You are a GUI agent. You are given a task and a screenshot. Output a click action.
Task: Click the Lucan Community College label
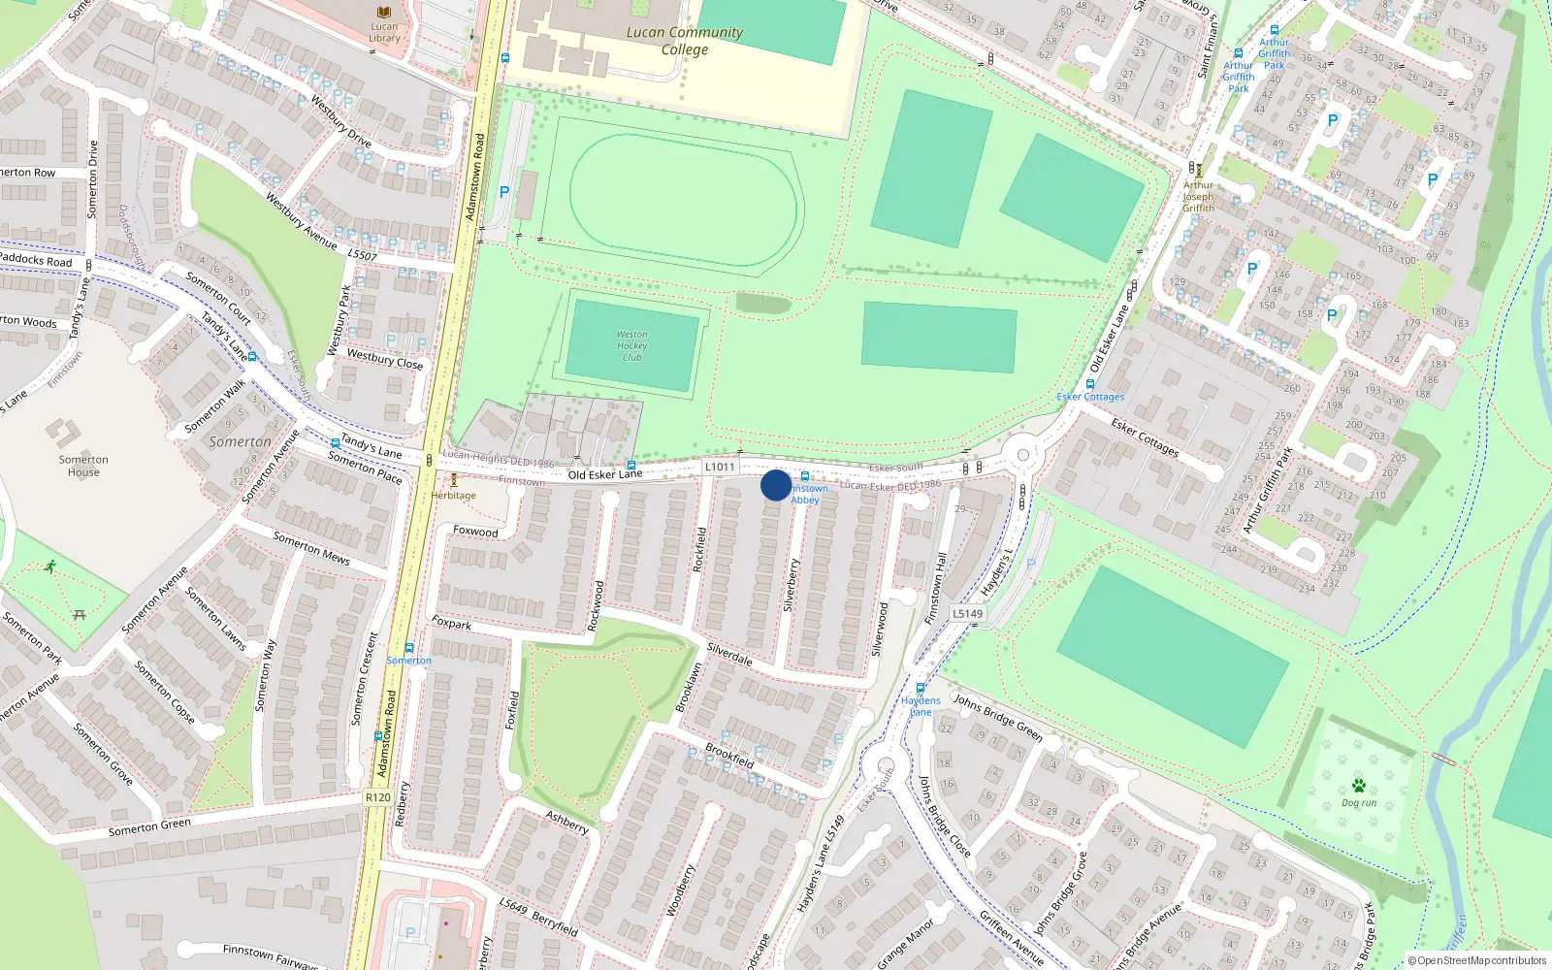pyautogui.click(x=685, y=40)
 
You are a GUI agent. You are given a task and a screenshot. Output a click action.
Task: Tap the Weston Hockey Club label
pyautogui.click(x=631, y=345)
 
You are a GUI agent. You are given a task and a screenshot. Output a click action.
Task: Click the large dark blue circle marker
pyautogui.click(x=776, y=485)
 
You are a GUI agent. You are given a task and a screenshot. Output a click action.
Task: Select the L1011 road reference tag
pyautogui.click(x=720, y=467)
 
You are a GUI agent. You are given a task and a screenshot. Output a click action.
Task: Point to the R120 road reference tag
pyautogui.click(x=378, y=797)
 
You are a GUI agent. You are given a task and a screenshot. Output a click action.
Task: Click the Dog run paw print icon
pyautogui.click(x=1358, y=786)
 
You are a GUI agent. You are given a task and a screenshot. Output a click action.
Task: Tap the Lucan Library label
pyautogui.click(x=384, y=33)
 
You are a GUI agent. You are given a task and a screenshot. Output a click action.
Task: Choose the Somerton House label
pyautogui.click(x=83, y=466)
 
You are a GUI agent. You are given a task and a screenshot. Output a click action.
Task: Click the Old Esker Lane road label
pyautogui.click(x=605, y=474)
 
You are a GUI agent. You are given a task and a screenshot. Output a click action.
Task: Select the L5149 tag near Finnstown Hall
pyautogui.click(x=967, y=613)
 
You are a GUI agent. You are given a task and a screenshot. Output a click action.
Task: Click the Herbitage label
pyautogui.click(x=454, y=495)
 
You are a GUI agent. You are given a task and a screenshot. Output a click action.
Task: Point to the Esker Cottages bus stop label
pyautogui.click(x=1090, y=397)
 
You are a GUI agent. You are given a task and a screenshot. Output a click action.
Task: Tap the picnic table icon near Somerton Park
pyautogui.click(x=80, y=614)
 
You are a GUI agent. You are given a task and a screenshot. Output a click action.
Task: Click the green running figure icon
pyautogui.click(x=49, y=566)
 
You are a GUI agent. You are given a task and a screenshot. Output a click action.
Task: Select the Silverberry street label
pyautogui.click(x=791, y=585)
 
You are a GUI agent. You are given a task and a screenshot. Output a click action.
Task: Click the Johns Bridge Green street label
pyautogui.click(x=998, y=717)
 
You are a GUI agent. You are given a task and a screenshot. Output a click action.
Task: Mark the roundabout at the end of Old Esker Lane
pyautogui.click(x=1021, y=454)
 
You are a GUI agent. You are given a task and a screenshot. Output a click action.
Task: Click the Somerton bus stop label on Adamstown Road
pyautogui.click(x=409, y=661)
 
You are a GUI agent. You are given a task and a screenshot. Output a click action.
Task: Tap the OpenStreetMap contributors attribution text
pyautogui.click(x=1477, y=960)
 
